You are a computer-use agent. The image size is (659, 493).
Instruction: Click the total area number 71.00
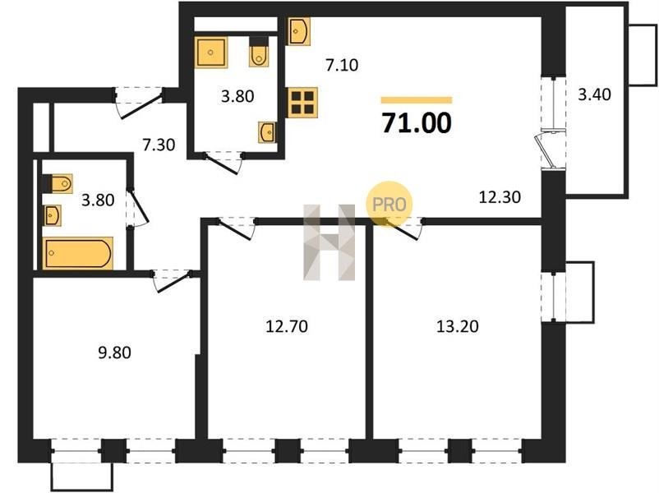click(x=417, y=122)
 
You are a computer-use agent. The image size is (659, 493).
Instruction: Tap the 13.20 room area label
click(x=457, y=326)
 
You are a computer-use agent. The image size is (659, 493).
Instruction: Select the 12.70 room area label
click(x=287, y=326)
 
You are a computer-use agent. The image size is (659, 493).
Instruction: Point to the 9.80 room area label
click(x=114, y=352)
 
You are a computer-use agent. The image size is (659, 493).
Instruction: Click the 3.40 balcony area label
click(x=594, y=94)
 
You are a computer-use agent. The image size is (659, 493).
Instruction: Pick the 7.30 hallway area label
click(x=159, y=145)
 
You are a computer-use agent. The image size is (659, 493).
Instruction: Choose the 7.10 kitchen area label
click(x=342, y=65)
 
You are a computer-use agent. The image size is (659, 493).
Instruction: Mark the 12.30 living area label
click(x=500, y=196)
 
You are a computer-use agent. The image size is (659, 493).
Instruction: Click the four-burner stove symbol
click(x=302, y=103)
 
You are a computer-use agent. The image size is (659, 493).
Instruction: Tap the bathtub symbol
click(x=78, y=253)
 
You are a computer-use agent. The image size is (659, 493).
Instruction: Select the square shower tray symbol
click(x=211, y=52)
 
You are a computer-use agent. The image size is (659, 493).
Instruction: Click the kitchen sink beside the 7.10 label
click(x=299, y=31)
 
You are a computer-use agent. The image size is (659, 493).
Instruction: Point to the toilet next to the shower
click(x=258, y=53)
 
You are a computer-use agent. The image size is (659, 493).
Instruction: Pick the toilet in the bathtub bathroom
click(x=58, y=184)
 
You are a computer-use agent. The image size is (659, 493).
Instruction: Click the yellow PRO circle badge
click(x=389, y=205)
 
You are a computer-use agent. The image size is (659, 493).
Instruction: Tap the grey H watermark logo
click(x=329, y=242)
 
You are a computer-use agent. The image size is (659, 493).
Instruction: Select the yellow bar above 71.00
click(x=417, y=100)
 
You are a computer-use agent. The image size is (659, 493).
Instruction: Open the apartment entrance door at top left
click(x=139, y=104)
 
